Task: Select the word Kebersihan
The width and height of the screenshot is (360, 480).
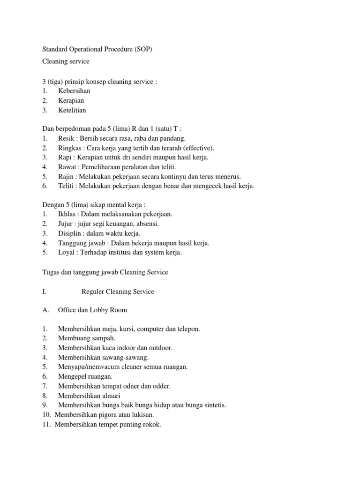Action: (x=74, y=91)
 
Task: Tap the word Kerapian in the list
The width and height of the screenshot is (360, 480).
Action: (x=71, y=101)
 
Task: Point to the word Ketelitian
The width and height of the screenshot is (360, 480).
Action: (x=72, y=111)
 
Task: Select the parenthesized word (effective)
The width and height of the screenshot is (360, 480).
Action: (x=197, y=148)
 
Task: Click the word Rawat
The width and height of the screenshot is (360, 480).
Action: (x=67, y=167)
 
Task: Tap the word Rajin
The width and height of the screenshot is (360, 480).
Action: (x=66, y=177)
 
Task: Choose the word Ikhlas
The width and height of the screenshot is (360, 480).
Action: (x=67, y=214)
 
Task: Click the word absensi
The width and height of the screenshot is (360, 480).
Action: (x=147, y=224)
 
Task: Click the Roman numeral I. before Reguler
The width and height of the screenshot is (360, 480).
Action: (x=44, y=292)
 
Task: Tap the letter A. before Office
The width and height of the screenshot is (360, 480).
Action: (x=45, y=310)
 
